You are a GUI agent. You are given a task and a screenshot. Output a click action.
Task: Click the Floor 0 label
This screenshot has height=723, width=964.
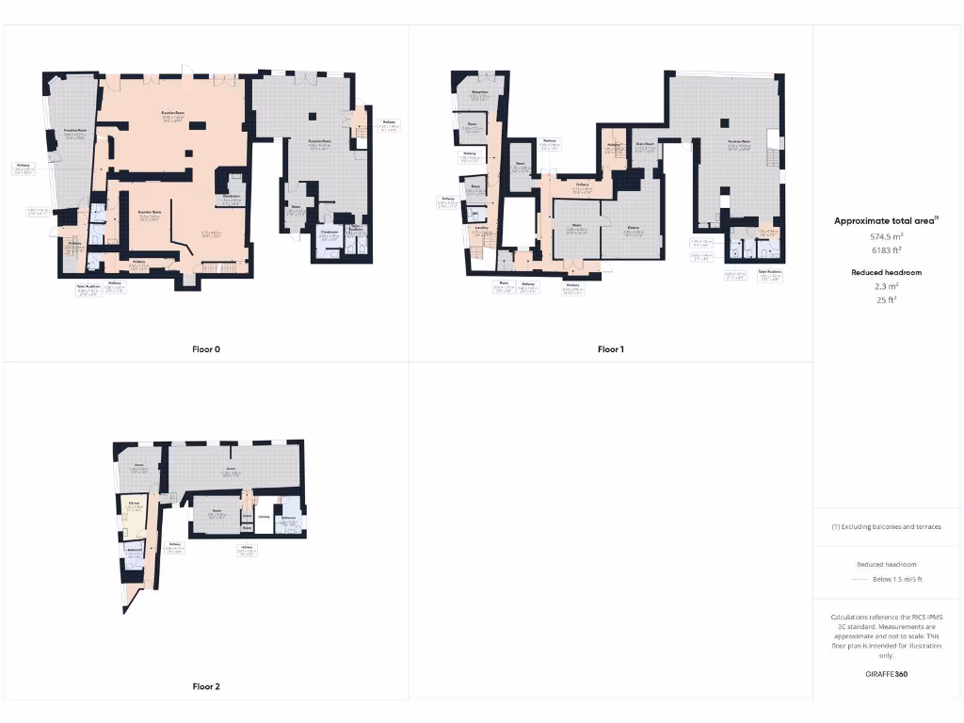coord(205,349)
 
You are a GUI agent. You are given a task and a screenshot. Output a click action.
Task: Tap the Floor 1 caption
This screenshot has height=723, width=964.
coord(610,349)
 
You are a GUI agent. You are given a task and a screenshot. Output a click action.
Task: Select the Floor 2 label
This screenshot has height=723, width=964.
coord(205,686)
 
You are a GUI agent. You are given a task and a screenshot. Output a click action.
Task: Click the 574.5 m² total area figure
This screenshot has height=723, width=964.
coord(888,237)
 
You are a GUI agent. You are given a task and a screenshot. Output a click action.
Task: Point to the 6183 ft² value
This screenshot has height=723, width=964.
coord(888,250)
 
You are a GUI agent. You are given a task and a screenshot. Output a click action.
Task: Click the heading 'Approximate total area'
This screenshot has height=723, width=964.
coord(887,220)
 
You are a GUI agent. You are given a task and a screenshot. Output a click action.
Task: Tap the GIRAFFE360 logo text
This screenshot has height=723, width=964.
coord(887,674)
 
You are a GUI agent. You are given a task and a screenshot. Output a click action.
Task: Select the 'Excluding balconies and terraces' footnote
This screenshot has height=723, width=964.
coord(887,526)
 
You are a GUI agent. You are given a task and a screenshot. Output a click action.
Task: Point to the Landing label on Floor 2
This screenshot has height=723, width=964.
coord(264,516)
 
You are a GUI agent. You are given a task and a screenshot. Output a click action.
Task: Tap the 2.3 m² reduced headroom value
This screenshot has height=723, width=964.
coord(887,287)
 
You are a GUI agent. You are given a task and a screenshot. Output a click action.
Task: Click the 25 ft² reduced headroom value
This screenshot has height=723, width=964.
coord(887,300)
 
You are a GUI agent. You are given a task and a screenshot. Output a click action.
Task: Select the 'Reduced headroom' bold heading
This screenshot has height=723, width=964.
coord(887,272)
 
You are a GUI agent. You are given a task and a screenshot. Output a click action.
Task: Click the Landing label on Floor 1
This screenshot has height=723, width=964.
coord(480,230)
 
